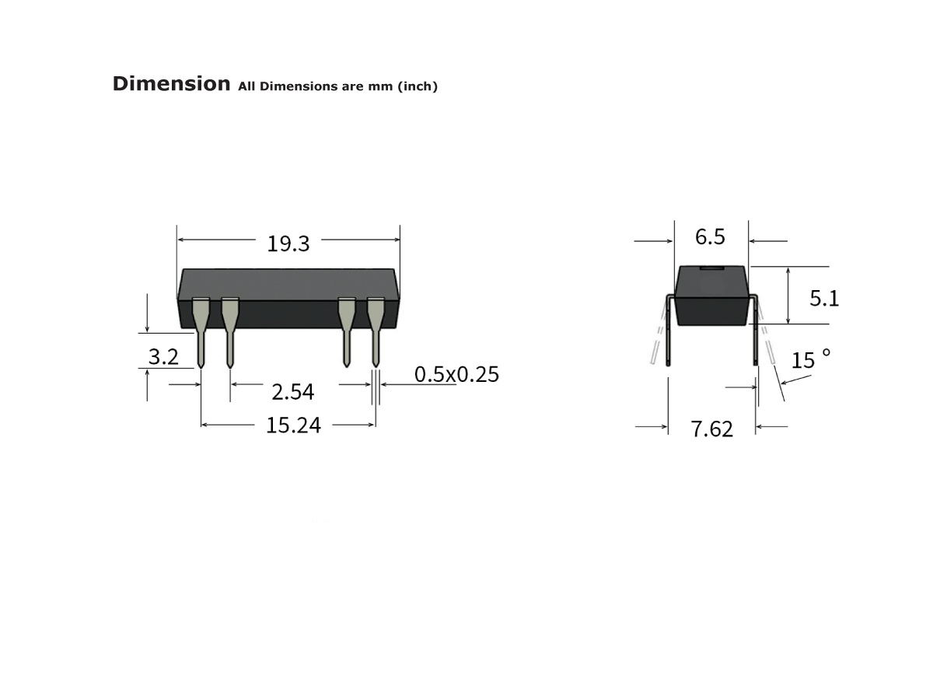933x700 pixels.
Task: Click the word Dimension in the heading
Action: pyautogui.click(x=171, y=84)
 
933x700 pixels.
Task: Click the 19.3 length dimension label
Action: pyautogui.click(x=288, y=244)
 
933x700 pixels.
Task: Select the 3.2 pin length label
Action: pyautogui.click(x=163, y=357)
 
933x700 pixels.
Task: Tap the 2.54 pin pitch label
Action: pyautogui.click(x=292, y=392)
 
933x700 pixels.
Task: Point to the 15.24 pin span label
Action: pyautogui.click(x=293, y=425)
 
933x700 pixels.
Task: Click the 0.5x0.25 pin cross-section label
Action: pyautogui.click(x=456, y=375)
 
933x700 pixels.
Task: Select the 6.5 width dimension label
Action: pyautogui.click(x=710, y=237)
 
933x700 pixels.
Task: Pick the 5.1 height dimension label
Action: pyautogui.click(x=824, y=298)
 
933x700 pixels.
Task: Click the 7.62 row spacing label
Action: pyautogui.click(x=712, y=429)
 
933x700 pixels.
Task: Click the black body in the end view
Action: pyautogui.click(x=711, y=299)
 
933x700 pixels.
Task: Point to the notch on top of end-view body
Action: pyautogui.click(x=711, y=268)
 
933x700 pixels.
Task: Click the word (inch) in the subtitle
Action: pyautogui.click(x=418, y=86)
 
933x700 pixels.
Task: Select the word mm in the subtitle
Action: pyautogui.click(x=381, y=86)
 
